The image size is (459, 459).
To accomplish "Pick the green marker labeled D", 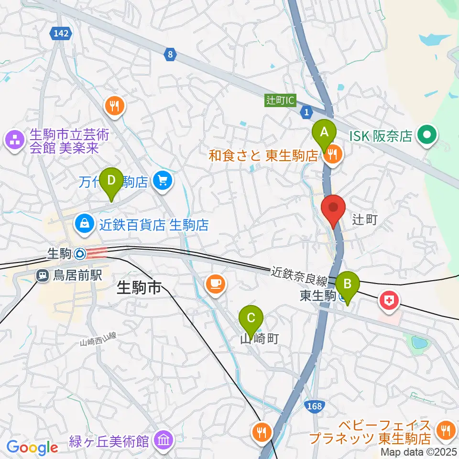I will tap(111, 181).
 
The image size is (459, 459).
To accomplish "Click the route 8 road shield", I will tap(170, 55).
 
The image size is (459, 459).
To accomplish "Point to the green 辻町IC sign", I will tap(281, 100).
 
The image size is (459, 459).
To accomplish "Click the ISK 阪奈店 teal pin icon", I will tap(425, 135).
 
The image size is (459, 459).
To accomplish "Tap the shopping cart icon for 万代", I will tap(163, 182).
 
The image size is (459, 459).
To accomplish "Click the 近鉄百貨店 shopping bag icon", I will tap(85, 223).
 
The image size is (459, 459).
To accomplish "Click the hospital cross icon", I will tap(389, 301).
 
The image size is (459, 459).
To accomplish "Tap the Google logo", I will tap(33, 448).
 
